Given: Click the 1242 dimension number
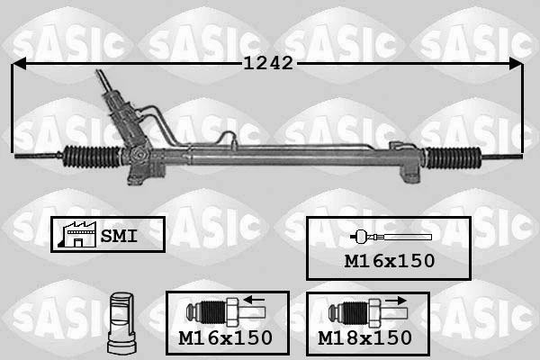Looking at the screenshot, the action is click(268, 63).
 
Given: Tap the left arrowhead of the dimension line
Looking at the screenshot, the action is click(19, 64).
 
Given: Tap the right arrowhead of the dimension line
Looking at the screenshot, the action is click(516, 64).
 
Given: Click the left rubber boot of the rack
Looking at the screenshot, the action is click(93, 157).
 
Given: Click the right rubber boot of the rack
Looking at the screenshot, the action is click(454, 158).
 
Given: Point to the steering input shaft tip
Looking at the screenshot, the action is click(99, 72).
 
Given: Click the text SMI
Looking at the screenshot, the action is click(119, 236).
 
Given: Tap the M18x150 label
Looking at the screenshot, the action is click(364, 337).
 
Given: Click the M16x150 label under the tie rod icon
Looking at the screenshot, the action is click(390, 261).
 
